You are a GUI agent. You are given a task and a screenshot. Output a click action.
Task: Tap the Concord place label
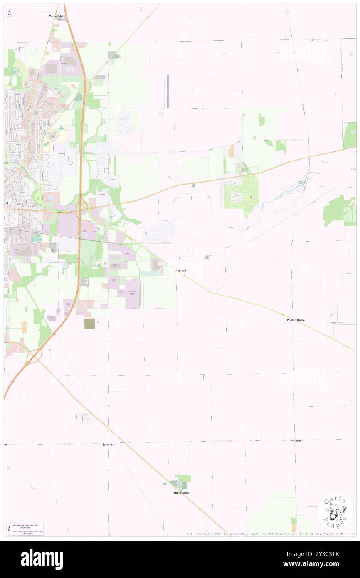(x=180, y=271)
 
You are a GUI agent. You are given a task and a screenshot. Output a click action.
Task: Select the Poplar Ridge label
(x=296, y=320)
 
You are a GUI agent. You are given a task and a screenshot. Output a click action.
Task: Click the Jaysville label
(x=108, y=445)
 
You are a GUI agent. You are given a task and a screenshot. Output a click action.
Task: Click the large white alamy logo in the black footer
(x=42, y=559)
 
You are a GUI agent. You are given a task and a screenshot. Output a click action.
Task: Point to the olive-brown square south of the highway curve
(x=89, y=324)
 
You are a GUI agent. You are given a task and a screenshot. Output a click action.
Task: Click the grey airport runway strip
(x=168, y=91)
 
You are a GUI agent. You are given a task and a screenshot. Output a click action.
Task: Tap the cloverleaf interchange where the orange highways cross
(x=82, y=207)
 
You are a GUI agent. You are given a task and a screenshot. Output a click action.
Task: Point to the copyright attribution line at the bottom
(x=270, y=534)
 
